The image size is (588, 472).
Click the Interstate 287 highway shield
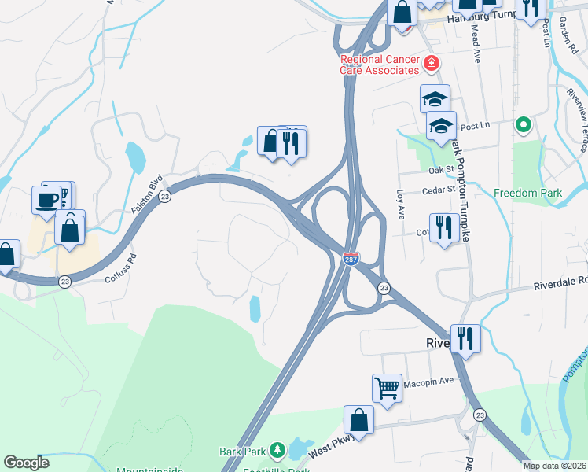click(x=351, y=258)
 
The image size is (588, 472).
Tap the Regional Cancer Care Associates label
click(x=379, y=65)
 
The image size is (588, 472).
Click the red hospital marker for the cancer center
click(x=430, y=63)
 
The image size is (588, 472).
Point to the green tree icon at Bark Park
click(x=277, y=450)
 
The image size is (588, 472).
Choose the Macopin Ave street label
click(x=429, y=382)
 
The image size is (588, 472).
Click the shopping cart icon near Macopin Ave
click(x=387, y=387)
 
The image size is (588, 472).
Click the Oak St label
click(x=442, y=169)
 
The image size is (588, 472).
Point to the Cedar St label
click(x=439, y=190)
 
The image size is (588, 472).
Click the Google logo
click(x=26, y=463)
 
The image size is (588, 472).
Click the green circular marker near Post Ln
click(x=522, y=125)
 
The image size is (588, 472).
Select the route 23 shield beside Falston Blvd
click(x=164, y=197)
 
